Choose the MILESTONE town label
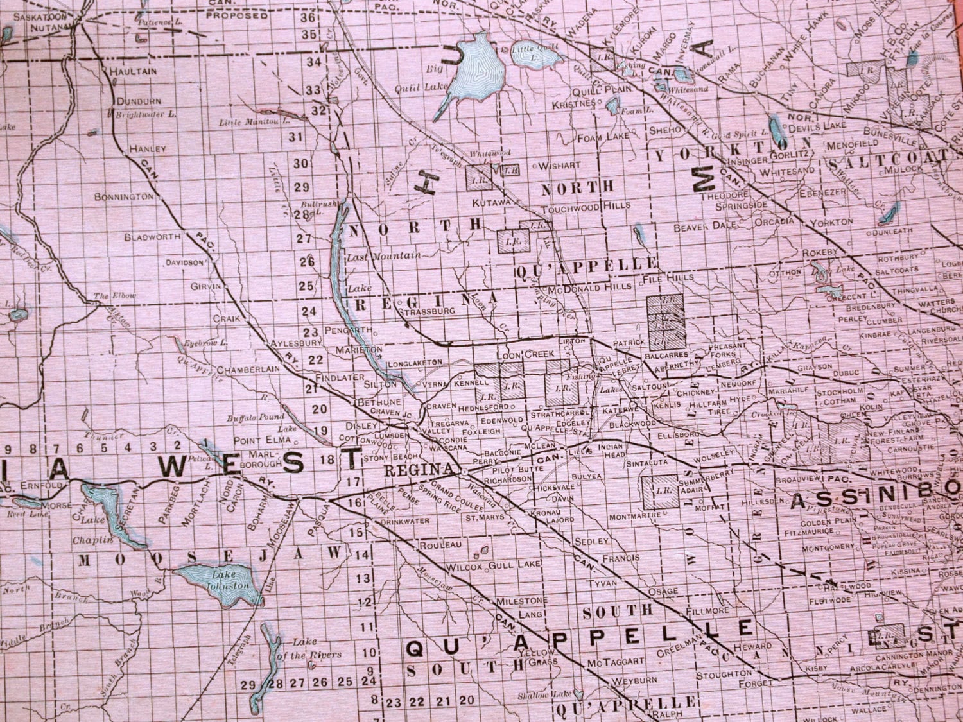[520, 601]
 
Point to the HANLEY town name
[147, 148]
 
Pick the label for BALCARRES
[672, 354]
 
